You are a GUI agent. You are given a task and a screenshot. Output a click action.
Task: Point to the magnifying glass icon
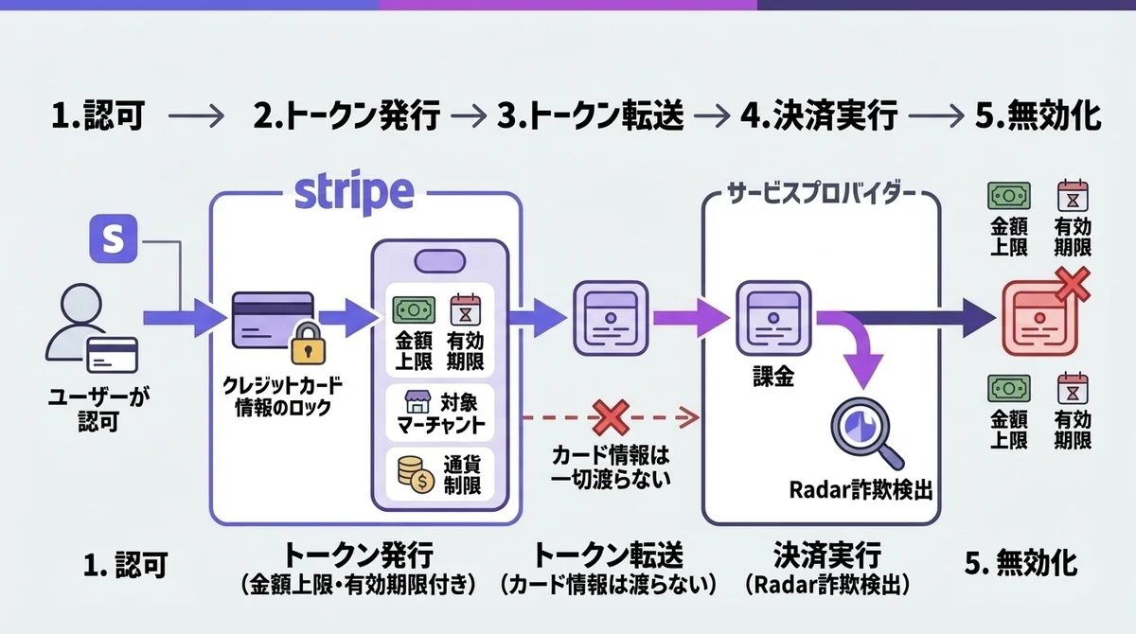864,427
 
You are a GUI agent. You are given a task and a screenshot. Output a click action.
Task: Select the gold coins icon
414,473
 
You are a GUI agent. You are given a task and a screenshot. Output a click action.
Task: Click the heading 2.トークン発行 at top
347,117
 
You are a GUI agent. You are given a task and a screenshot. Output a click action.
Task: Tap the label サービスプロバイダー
820,196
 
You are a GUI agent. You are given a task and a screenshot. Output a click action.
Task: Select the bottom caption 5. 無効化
1021,564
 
